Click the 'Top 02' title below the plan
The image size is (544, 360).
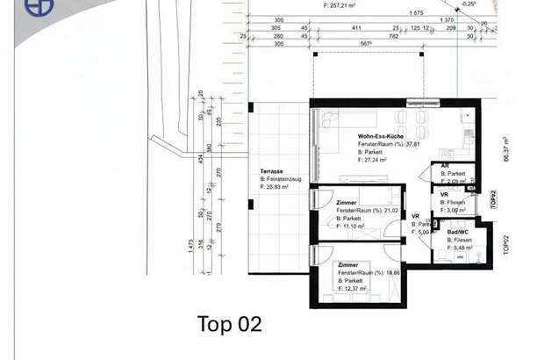[229, 324]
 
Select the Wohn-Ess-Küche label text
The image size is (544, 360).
[382, 137]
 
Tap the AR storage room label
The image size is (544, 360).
[445, 165]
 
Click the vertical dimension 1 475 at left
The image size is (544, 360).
[190, 247]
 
